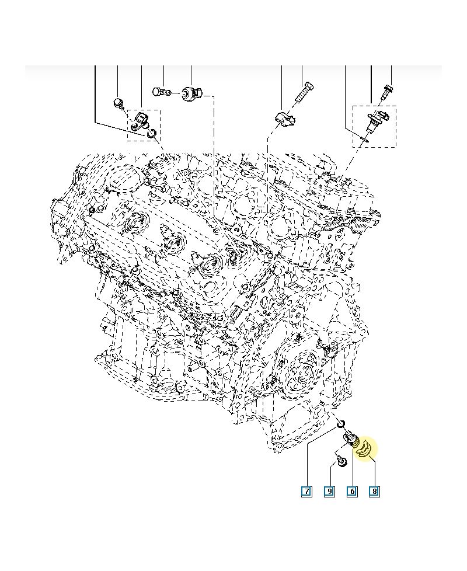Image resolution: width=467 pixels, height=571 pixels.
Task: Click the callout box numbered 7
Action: (x=306, y=491)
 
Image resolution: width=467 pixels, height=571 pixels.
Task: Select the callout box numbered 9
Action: (x=329, y=491)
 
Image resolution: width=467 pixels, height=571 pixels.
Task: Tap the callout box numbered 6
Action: (x=352, y=491)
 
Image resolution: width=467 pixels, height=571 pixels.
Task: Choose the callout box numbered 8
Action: (x=374, y=491)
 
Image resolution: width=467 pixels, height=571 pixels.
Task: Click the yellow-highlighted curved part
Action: (x=366, y=448)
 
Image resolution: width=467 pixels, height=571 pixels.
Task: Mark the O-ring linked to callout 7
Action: (x=343, y=424)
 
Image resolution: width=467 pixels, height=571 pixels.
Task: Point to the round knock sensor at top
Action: (x=192, y=92)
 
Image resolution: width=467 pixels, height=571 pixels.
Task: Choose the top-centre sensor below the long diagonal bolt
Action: (x=285, y=119)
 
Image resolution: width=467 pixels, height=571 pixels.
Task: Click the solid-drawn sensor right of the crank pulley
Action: (x=330, y=350)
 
